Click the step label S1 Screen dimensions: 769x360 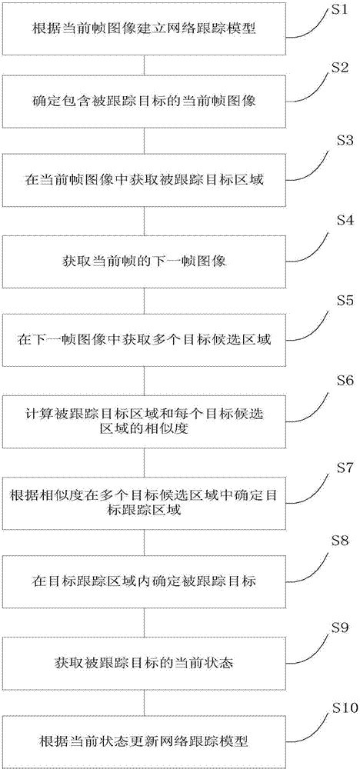pyautogui.click(x=337, y=10)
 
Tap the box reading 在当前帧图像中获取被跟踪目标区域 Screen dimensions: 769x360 pyautogui.click(x=144, y=182)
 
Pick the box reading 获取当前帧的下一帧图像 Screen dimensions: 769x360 pyautogui.click(x=144, y=261)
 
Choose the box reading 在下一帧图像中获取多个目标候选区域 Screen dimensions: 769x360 pyautogui.click(x=144, y=338)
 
